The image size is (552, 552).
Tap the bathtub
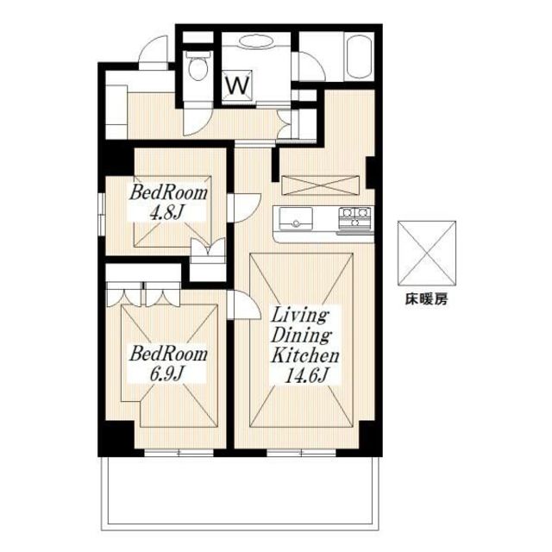pos(360,58)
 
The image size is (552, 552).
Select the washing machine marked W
pos(238,85)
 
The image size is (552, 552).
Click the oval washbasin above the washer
pos(255,41)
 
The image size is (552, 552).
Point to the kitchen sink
pos(296,218)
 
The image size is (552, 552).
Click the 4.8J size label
pos(167,213)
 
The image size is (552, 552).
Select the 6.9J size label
pos(167,374)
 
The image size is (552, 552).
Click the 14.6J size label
pos(305,375)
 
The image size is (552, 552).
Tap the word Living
pos(299,316)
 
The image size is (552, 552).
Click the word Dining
pos(301,336)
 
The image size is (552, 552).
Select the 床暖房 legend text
pos(426,299)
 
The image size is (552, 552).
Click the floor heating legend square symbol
pos(427,254)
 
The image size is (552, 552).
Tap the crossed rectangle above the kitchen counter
pos(320,185)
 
